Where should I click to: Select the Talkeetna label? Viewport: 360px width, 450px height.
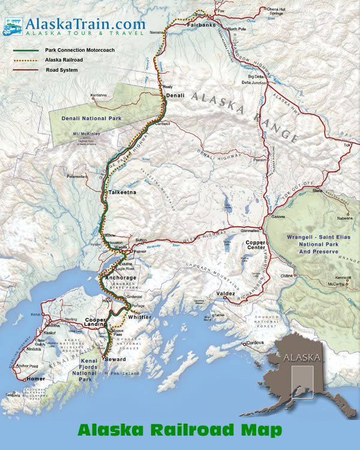pos(122,192)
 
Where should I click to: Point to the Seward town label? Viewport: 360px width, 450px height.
pos(115,359)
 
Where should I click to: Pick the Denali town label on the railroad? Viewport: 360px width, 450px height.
pos(175,95)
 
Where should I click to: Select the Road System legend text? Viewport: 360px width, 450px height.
pos(62,70)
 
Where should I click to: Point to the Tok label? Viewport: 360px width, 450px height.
pos(347,145)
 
